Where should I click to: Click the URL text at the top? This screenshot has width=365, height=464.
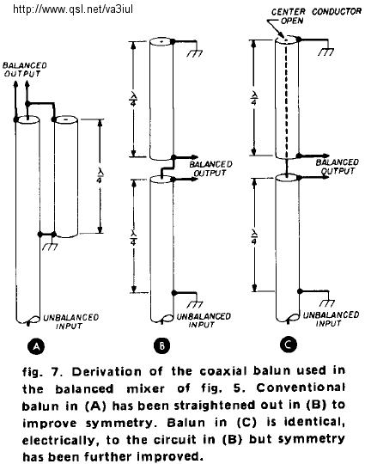(73, 9)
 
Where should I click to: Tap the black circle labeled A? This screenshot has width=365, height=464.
(36, 346)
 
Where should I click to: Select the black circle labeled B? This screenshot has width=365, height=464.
(162, 345)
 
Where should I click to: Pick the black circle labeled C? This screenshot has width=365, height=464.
(289, 345)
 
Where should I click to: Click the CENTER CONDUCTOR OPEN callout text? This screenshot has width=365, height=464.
(316, 16)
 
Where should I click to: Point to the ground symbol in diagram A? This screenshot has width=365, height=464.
(50, 247)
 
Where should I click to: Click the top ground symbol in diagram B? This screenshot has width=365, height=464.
(195, 53)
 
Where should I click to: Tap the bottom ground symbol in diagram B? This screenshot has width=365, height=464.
(195, 304)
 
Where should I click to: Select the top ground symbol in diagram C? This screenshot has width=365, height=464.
(326, 52)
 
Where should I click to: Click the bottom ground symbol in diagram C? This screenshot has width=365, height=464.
(327, 302)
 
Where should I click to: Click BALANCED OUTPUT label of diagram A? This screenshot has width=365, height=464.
(24, 70)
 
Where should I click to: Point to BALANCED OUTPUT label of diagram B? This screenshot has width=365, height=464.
(210, 168)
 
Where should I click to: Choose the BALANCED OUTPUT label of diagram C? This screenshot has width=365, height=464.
(338, 167)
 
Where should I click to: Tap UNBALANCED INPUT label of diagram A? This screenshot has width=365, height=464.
(70, 321)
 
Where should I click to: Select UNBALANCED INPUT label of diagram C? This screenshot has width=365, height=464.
(331, 319)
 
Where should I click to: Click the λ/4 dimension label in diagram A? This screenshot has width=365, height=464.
(100, 176)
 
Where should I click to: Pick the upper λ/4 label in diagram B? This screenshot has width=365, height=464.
(133, 98)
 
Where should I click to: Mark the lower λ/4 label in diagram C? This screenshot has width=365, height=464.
(254, 237)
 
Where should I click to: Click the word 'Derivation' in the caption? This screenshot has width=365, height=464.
(106, 371)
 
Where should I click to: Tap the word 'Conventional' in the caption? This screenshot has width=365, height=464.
(301, 388)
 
